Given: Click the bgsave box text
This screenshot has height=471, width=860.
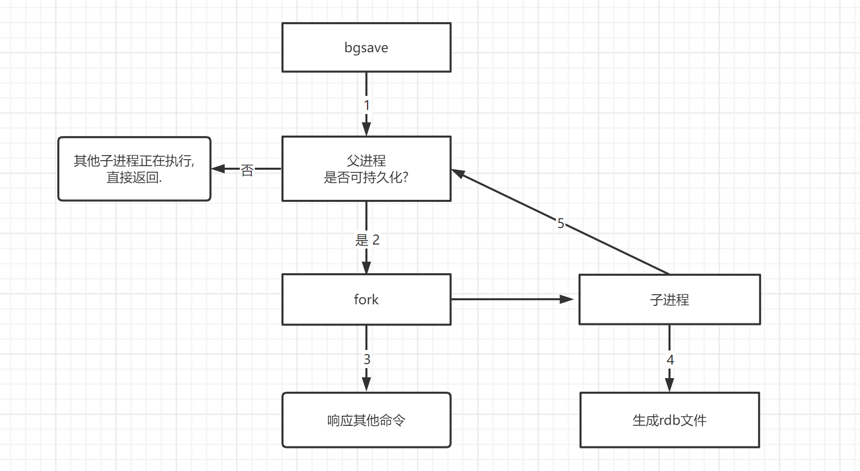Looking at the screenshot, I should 366,48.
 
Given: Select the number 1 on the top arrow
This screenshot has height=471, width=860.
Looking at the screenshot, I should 366,105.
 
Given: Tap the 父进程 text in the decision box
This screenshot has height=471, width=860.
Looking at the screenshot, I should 366,161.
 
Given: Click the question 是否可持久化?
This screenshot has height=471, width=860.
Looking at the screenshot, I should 366,177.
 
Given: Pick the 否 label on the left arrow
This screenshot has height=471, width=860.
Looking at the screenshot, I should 247,170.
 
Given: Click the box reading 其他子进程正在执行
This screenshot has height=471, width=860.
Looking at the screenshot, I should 134,161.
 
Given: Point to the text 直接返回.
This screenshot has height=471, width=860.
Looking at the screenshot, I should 134,177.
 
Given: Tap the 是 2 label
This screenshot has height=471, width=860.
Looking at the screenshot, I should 367,240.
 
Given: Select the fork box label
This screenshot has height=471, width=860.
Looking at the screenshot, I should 366,300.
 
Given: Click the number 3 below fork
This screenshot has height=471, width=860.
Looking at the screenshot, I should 367,360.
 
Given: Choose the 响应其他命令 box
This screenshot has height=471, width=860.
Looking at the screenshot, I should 366,420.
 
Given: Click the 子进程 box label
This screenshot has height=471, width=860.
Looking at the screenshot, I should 669,300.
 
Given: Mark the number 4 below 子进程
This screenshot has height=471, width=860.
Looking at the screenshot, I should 670,360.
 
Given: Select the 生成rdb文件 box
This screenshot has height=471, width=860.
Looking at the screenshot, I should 669,420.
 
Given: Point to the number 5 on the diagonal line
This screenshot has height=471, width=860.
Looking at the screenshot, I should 560,223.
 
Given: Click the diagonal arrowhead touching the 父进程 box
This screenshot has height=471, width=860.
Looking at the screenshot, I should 457,173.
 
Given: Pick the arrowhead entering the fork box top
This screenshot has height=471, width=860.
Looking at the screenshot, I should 366,267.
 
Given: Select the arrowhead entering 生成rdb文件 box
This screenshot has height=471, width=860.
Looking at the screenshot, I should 670,385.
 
